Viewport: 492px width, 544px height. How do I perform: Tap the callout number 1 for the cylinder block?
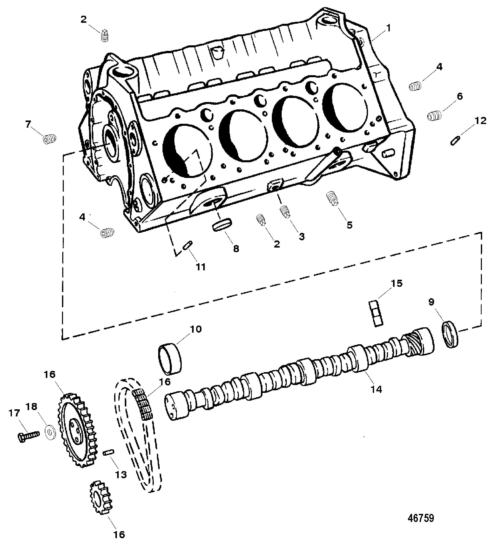(x=388, y=28)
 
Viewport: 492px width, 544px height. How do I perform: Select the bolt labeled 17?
(x=28, y=435)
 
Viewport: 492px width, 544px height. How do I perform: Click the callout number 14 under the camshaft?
(x=376, y=389)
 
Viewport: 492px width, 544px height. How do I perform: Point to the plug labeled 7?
(x=49, y=139)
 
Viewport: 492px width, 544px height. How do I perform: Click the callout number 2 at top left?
(x=84, y=19)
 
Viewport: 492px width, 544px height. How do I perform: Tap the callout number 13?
(x=120, y=474)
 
